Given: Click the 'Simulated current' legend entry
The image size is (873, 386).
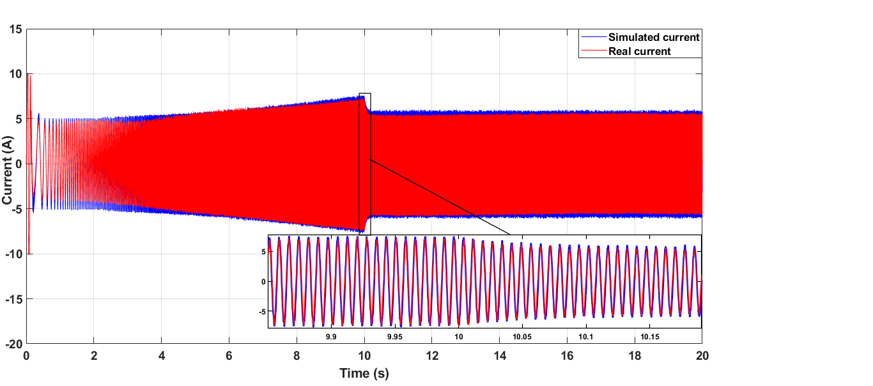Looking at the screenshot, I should (654, 37).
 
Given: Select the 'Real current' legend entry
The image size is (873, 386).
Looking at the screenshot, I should (639, 51).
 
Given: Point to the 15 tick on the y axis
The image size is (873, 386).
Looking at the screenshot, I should (16, 29).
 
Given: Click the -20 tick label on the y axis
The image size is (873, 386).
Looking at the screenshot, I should (14, 344).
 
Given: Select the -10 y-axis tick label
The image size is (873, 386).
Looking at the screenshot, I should (14, 254).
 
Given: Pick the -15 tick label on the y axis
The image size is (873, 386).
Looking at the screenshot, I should (14, 299).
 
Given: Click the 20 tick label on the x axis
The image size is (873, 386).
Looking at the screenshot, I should (702, 356).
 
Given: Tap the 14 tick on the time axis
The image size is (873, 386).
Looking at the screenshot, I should (500, 356).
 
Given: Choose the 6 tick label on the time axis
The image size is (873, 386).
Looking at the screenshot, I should (229, 356).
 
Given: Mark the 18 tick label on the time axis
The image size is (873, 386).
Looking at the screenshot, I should (635, 356).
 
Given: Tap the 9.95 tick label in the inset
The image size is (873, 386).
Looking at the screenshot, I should (395, 336).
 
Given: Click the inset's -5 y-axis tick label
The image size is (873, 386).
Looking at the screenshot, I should (261, 312).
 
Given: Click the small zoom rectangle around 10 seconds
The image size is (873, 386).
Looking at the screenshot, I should (365, 163).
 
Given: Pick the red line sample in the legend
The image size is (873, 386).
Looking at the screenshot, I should (593, 51).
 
